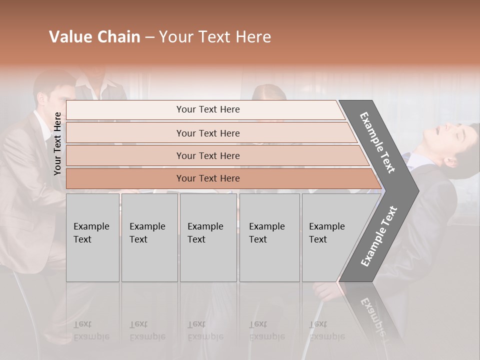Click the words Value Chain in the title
(x=94, y=37)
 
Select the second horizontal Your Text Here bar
(x=207, y=133)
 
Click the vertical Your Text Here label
(x=57, y=143)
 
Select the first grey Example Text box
(x=92, y=237)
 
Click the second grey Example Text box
(x=149, y=237)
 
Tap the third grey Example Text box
(x=208, y=237)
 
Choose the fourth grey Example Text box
(x=269, y=237)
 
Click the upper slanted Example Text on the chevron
(x=377, y=142)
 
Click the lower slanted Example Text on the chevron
(x=378, y=236)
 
